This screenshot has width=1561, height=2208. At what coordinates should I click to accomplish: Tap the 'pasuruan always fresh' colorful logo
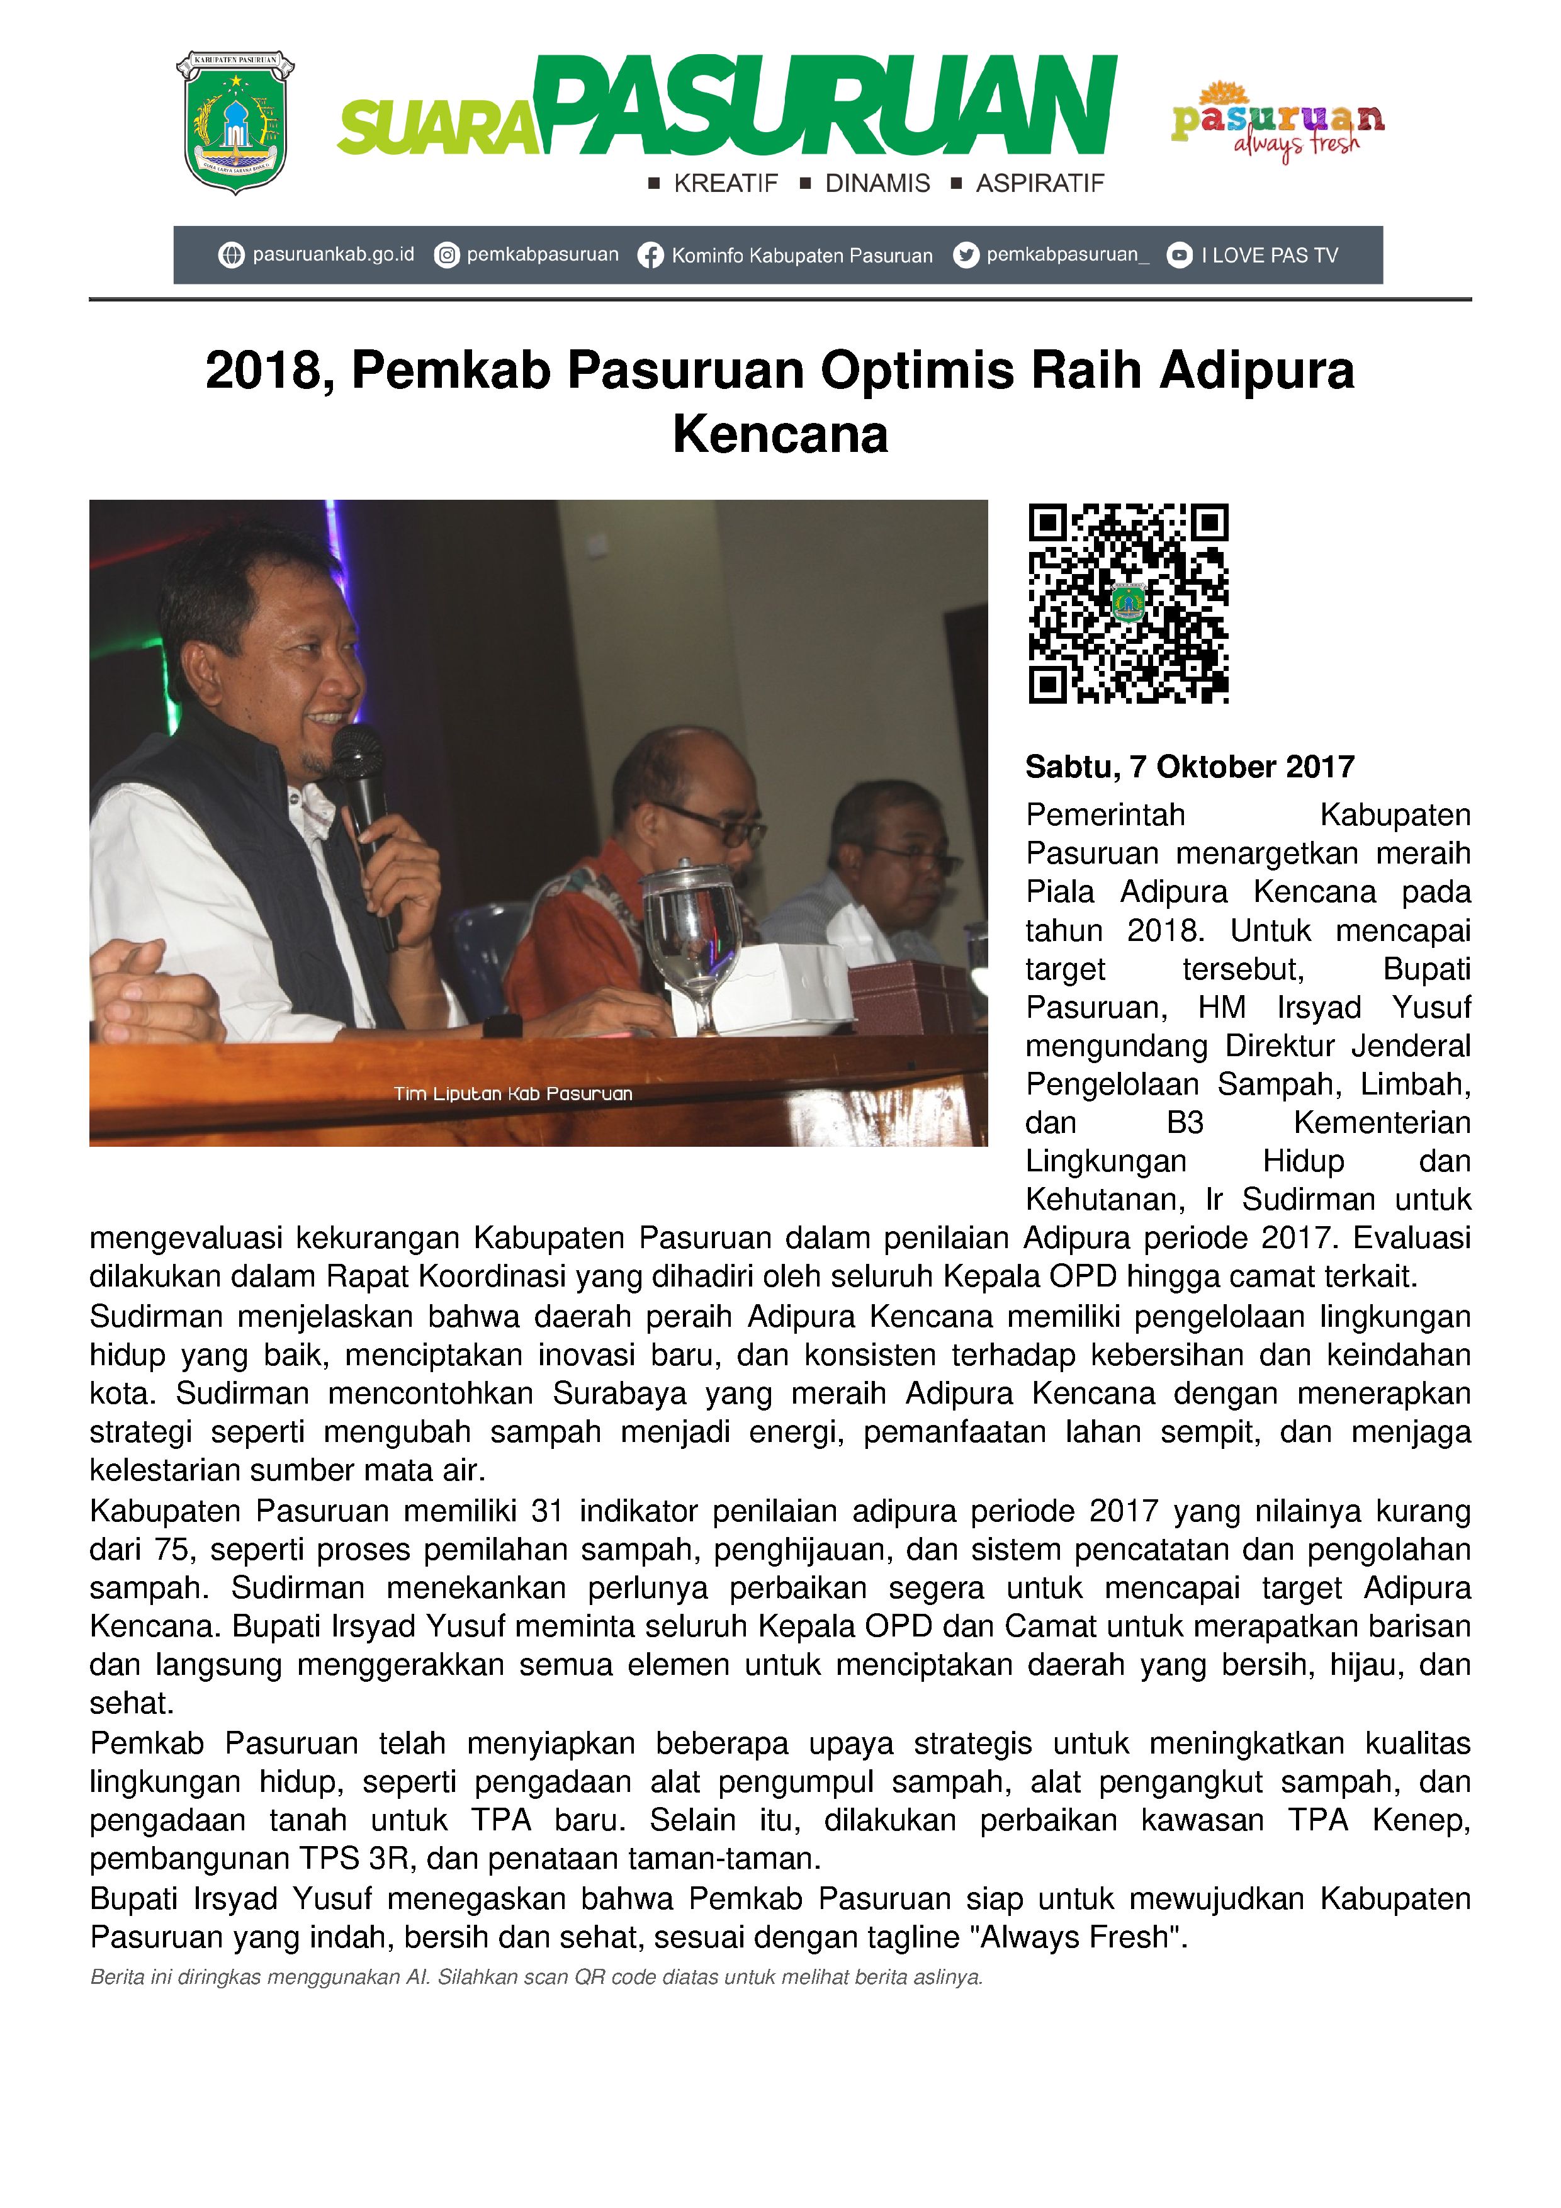pos(1277,121)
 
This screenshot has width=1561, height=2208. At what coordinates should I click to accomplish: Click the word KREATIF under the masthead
pos(725,184)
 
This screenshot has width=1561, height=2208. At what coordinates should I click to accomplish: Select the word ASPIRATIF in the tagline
pos(1040,184)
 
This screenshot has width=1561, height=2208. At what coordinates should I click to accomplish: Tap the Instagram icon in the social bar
pos(446,256)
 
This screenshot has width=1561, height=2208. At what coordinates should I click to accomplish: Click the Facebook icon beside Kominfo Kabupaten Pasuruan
pos(651,256)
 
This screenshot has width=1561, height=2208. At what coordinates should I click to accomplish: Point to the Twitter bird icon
pos(966,255)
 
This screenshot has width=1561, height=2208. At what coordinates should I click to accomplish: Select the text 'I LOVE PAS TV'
pos(1270,256)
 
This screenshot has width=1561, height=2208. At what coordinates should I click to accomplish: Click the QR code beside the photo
pos(1128,603)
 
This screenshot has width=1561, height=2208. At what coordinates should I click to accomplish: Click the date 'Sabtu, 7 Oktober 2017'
pos(1190,767)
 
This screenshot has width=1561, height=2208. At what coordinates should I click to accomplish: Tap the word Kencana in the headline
pos(780,435)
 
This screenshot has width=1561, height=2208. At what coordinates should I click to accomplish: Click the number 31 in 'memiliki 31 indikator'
pos(546,1512)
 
